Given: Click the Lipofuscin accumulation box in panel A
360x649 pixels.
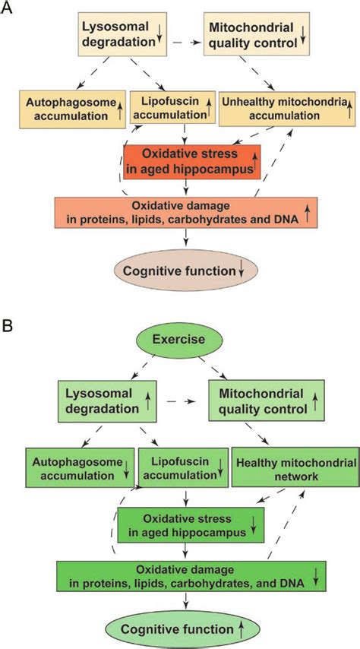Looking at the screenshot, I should (x=170, y=107).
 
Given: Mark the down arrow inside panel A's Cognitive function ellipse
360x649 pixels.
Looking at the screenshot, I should (x=240, y=270).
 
